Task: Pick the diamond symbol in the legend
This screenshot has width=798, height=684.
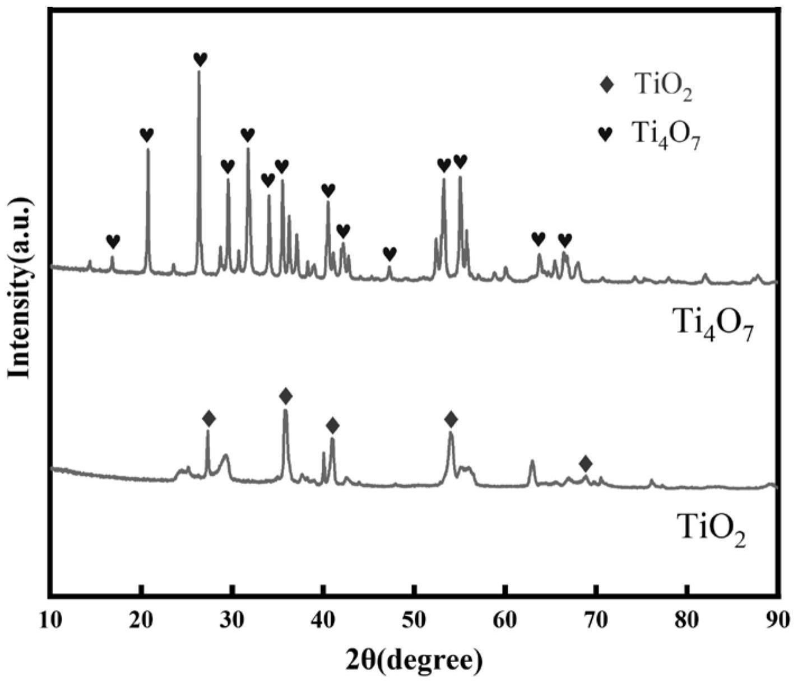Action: pos(606,86)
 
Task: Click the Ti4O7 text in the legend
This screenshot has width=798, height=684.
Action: pos(666,134)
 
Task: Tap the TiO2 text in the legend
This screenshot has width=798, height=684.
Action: pos(664,87)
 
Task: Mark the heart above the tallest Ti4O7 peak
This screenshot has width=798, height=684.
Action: pos(200,59)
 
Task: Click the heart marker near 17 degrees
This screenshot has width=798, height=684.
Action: pos(113,241)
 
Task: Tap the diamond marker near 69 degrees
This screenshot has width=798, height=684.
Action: pos(586,463)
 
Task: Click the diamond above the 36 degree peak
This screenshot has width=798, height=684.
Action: pos(286,396)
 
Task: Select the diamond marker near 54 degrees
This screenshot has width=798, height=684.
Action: pos(451,419)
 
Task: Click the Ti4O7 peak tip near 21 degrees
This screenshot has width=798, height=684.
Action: pos(148,149)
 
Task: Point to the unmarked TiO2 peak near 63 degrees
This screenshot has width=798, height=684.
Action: pos(532,461)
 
